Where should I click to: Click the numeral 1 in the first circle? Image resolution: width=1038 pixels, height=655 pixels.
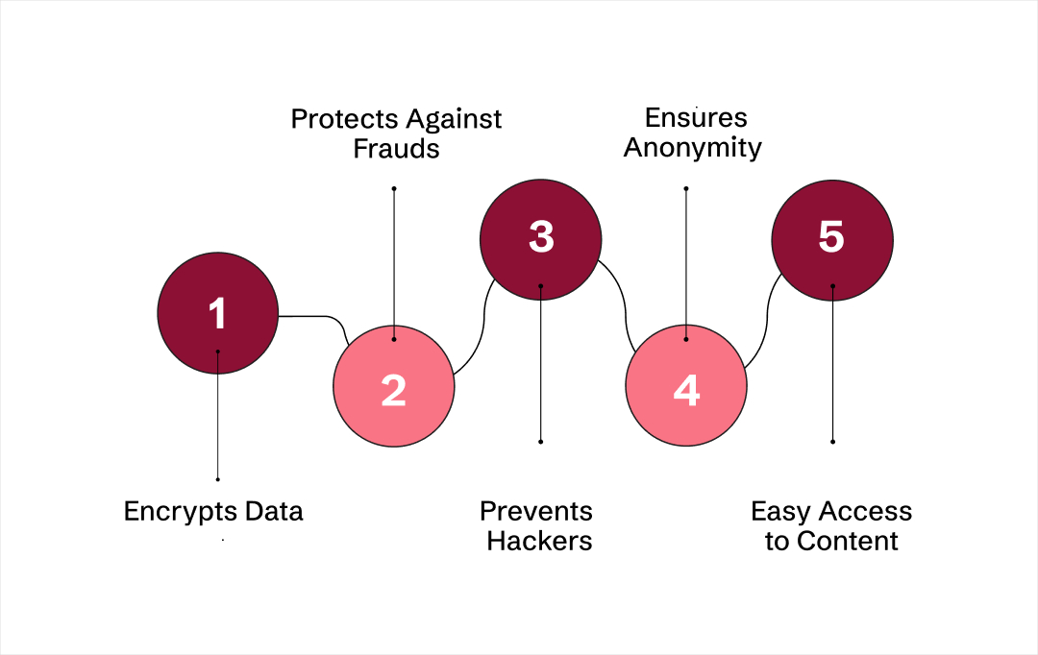pyautogui.click(x=217, y=314)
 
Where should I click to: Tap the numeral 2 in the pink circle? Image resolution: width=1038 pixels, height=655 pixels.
pyautogui.click(x=393, y=390)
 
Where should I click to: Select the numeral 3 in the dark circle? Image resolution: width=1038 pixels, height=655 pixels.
pyautogui.click(x=541, y=237)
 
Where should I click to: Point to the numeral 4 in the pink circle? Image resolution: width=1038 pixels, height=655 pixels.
pyautogui.click(x=686, y=390)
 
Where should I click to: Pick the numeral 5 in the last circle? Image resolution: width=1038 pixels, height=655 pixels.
pyautogui.click(x=831, y=237)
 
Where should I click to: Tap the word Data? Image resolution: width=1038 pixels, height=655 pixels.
pyautogui.click(x=274, y=511)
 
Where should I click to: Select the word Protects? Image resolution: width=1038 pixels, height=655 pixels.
pyautogui.click(x=343, y=120)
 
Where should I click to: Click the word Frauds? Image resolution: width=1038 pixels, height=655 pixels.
pyautogui.click(x=396, y=150)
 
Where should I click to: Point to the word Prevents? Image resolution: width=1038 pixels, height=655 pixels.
pyautogui.click(x=536, y=511)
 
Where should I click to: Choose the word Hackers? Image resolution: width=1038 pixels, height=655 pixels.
pyautogui.click(x=539, y=541)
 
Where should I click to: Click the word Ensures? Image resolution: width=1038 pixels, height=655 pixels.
pyautogui.click(x=696, y=118)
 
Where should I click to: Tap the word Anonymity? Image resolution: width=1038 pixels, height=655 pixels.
pyautogui.click(x=692, y=149)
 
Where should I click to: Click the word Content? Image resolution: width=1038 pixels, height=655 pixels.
pyautogui.click(x=847, y=541)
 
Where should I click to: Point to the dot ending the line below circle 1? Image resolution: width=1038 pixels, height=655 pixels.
pyautogui.click(x=218, y=478)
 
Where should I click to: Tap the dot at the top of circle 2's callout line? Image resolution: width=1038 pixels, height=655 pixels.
pyautogui.click(x=394, y=188)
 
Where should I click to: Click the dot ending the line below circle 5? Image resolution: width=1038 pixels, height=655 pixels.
pyautogui.click(x=832, y=442)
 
